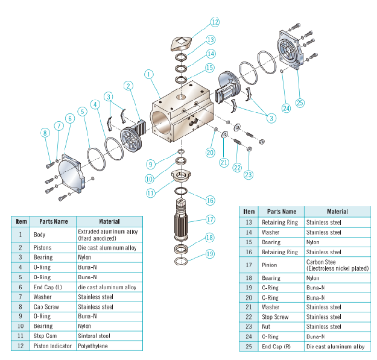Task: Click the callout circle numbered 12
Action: [x=215, y=22]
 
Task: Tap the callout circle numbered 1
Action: [x=149, y=74]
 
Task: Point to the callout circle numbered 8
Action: [x=44, y=132]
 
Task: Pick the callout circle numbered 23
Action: [x=249, y=174]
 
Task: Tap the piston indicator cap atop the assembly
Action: [x=180, y=44]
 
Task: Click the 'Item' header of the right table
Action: [x=249, y=212]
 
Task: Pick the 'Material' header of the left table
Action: [x=109, y=221]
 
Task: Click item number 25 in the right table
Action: [x=249, y=346]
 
